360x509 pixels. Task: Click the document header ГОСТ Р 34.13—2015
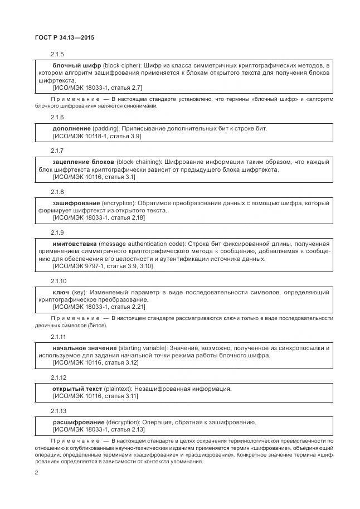(64, 38)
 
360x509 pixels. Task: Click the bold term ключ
(61, 292)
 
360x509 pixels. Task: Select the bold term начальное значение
(85, 348)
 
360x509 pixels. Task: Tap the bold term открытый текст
(77, 389)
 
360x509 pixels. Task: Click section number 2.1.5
(58, 54)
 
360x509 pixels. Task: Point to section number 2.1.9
(58, 232)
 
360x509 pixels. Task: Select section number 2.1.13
(59, 411)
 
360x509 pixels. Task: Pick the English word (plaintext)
(119, 389)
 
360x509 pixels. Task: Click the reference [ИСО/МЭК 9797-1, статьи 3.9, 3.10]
(103, 266)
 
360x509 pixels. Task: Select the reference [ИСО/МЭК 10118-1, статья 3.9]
(97, 136)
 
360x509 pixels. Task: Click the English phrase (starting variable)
(143, 348)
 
